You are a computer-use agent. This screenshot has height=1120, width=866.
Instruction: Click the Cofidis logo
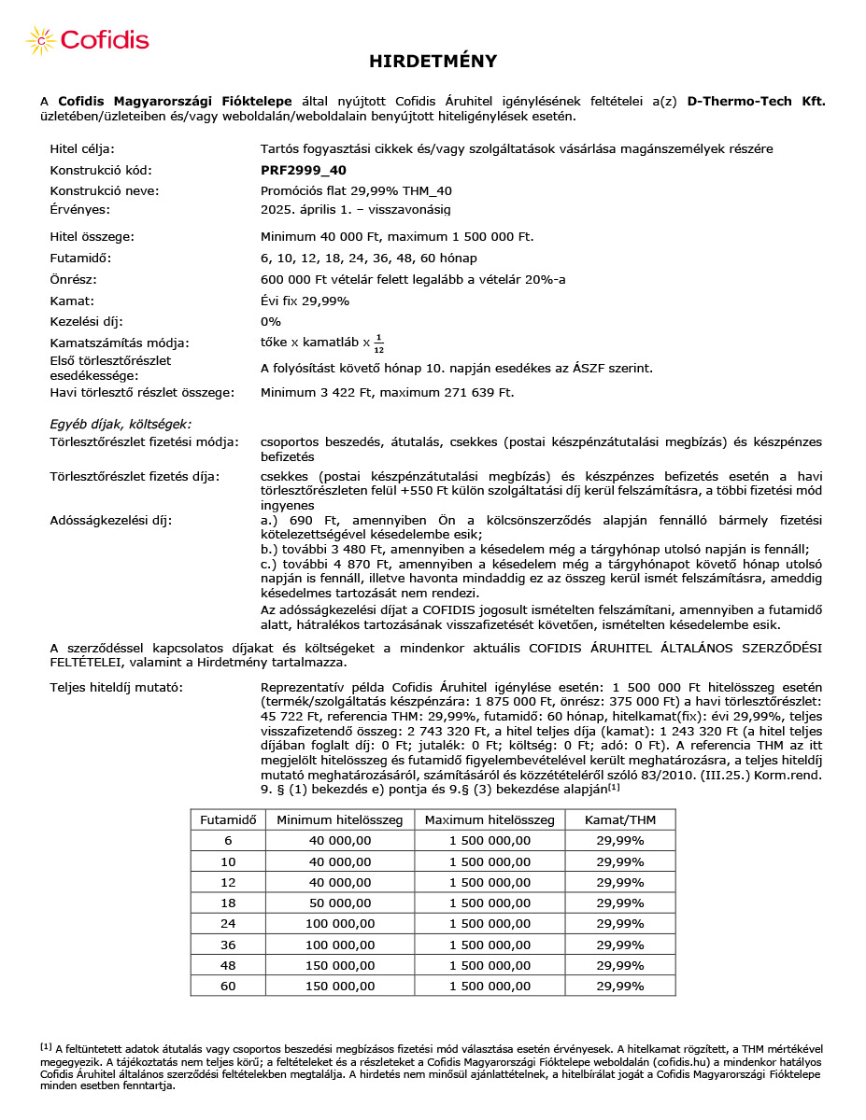tap(89, 40)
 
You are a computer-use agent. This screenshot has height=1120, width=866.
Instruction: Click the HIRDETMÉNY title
tap(433, 62)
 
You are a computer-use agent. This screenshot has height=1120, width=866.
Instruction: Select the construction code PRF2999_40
tap(304, 170)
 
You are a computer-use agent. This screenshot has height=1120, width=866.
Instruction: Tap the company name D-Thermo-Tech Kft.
tap(756, 101)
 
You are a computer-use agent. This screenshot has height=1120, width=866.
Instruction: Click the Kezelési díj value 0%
tap(271, 321)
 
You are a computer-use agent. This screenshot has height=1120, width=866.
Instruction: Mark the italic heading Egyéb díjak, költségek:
tap(121, 424)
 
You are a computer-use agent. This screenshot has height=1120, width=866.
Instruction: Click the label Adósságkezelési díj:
tap(110, 520)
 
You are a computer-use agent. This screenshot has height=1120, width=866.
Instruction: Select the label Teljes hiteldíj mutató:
tap(117, 688)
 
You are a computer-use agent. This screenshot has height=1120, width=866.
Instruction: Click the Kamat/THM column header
tap(620, 819)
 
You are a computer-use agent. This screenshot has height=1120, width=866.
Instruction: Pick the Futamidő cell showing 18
tap(228, 903)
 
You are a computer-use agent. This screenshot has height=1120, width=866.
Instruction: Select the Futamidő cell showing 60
tap(228, 986)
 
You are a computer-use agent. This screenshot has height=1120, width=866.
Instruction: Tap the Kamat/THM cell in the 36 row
tap(620, 945)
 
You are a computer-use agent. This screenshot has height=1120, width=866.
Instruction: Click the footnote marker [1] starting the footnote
tap(45, 1047)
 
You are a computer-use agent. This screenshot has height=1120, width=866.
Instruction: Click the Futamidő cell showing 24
tap(228, 923)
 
